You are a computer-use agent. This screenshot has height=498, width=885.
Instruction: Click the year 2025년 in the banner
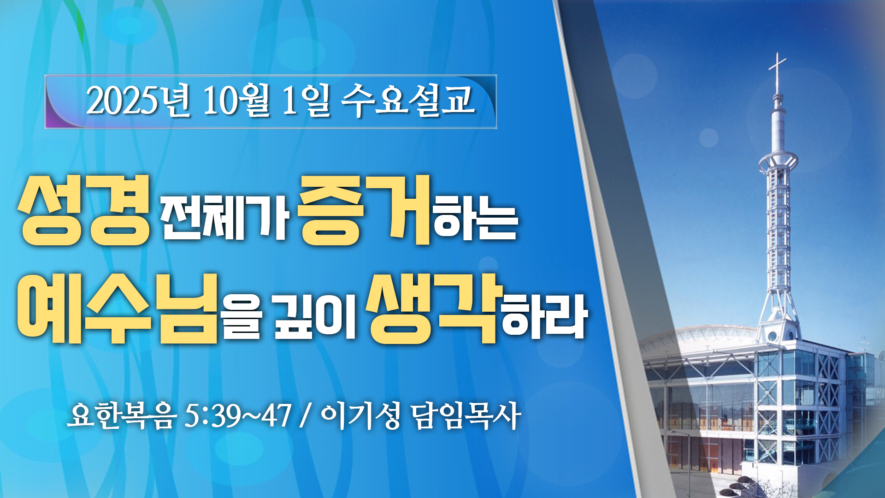(138, 100)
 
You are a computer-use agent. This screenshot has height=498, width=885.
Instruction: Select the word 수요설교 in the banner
(408, 100)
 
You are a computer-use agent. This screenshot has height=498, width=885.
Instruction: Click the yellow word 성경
(85, 210)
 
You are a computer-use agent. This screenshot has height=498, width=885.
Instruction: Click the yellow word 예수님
(117, 308)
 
